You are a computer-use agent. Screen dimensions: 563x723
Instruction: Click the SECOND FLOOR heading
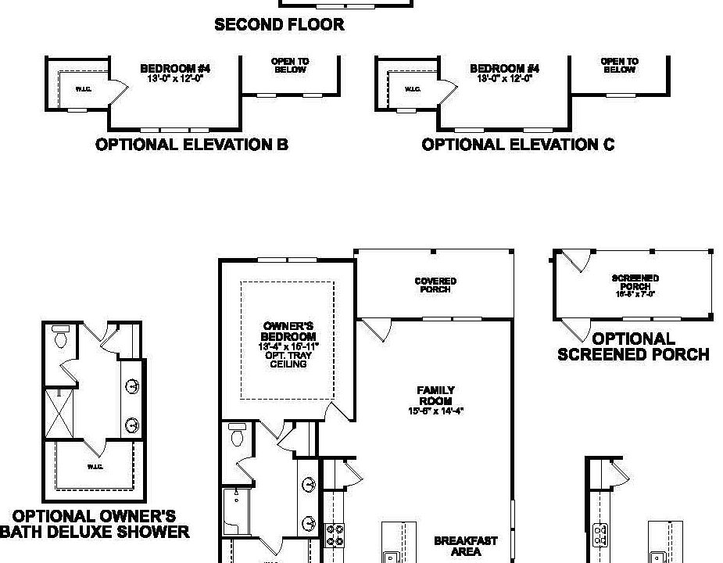pyautogui.click(x=279, y=25)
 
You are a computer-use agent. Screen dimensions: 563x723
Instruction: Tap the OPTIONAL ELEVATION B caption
pyautogui.click(x=191, y=145)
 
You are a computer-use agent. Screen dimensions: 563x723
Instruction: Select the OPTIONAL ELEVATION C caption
pyautogui.click(x=518, y=145)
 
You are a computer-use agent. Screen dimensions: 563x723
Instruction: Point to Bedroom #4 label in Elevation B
pyautogui.click(x=175, y=70)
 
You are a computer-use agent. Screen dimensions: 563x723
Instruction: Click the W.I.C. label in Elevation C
pyautogui.click(x=413, y=89)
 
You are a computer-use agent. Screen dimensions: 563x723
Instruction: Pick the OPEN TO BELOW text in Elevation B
pyautogui.click(x=290, y=66)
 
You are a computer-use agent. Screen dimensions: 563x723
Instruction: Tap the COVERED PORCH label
pyautogui.click(x=435, y=285)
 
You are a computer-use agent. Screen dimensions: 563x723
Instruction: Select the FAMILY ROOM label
pyautogui.click(x=435, y=395)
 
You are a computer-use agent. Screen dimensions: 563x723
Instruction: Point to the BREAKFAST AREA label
pyautogui.click(x=466, y=546)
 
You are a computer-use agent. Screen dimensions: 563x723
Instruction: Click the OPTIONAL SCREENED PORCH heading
pyautogui.click(x=633, y=346)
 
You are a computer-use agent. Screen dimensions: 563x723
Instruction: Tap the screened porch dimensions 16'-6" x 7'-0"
pyautogui.click(x=635, y=294)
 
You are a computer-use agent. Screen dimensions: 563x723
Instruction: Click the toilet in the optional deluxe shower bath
pyautogui.click(x=59, y=339)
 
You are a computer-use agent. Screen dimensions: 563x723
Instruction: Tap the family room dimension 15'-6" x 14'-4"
pyautogui.click(x=435, y=411)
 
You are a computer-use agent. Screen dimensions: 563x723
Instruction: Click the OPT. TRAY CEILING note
pyautogui.click(x=288, y=359)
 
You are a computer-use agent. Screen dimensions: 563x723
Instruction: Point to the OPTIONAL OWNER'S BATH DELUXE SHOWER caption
pyautogui.click(x=94, y=524)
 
